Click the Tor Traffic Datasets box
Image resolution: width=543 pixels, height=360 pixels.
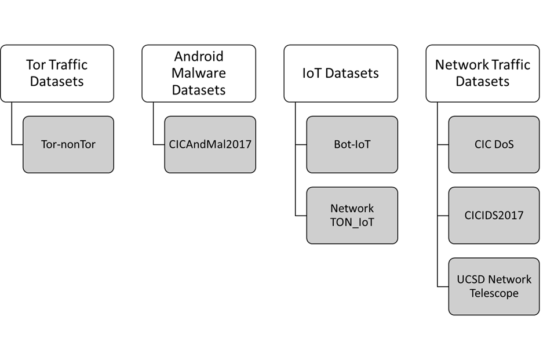57,73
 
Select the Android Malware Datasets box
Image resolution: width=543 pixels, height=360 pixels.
198,73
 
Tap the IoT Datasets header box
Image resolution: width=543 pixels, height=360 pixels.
340,73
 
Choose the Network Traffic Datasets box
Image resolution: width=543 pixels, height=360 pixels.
482,73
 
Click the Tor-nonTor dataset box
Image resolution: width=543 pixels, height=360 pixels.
68,144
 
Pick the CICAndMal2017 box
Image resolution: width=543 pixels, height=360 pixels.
210,144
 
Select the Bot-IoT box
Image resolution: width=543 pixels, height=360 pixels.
352,144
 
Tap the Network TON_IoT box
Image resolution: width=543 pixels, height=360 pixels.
352,215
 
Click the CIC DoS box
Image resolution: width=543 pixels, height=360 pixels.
494,144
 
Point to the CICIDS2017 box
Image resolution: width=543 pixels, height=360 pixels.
494,216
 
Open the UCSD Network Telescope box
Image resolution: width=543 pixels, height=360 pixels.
494,286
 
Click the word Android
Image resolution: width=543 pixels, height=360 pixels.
198,57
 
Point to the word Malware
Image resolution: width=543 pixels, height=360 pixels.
198,74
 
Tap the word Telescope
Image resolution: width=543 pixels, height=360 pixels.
494,293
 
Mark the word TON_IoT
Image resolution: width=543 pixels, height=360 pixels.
352,222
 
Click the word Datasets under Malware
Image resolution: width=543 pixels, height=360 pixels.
198,90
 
